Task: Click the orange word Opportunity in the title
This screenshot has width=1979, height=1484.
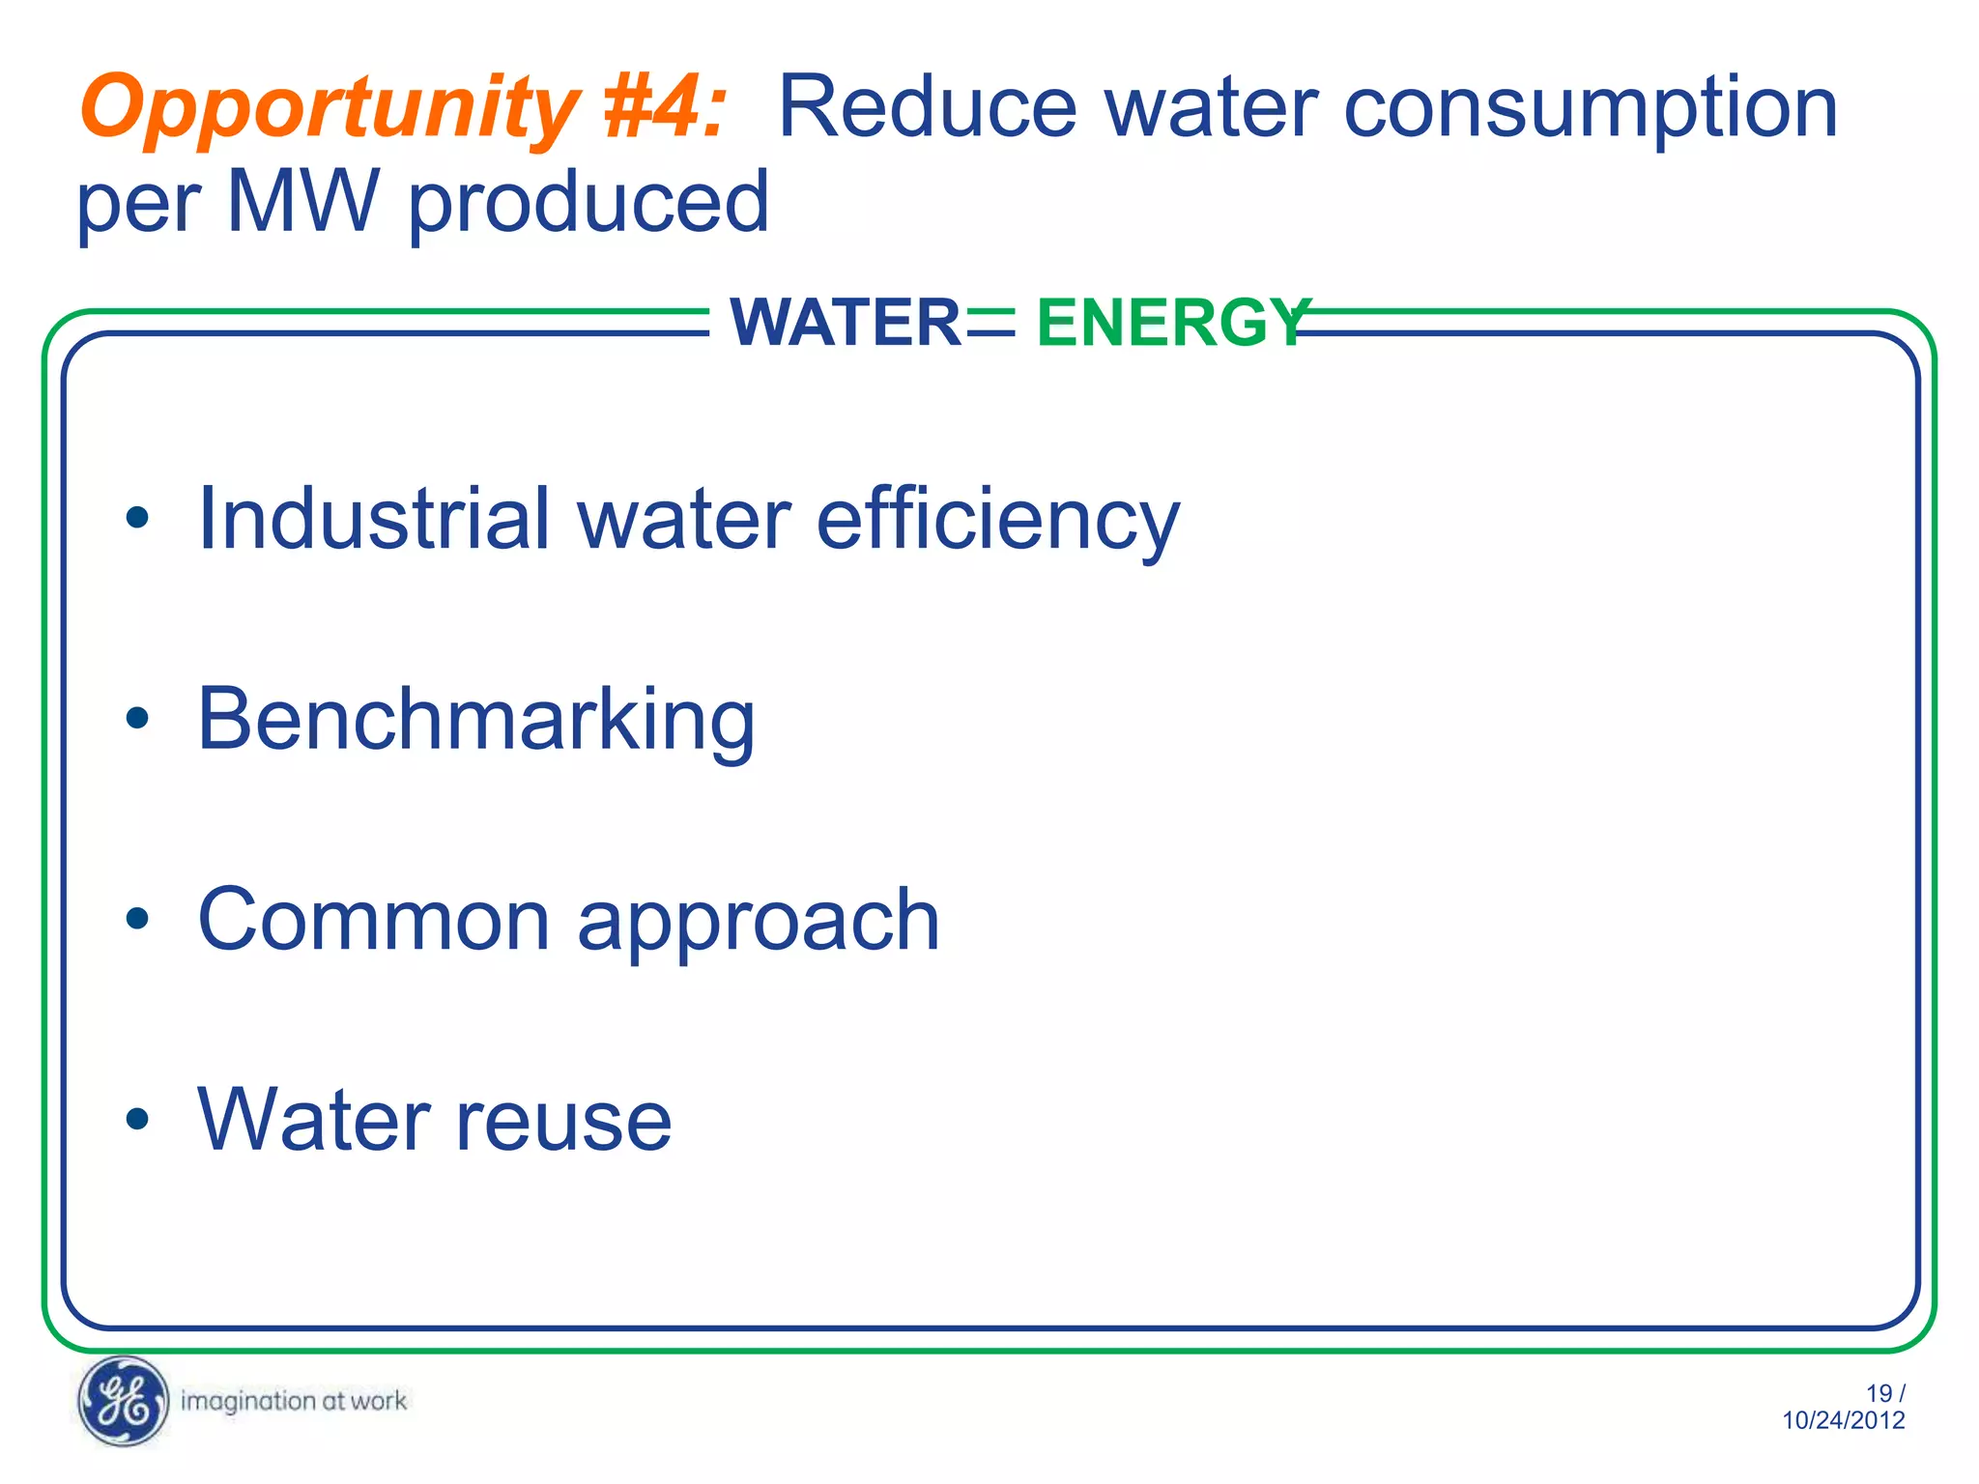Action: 329,108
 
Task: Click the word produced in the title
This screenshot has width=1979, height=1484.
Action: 588,203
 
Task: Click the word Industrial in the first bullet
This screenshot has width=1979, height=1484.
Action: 373,519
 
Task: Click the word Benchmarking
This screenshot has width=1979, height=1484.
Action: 476,721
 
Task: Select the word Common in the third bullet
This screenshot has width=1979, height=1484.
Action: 373,920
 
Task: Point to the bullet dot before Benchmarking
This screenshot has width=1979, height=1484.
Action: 137,718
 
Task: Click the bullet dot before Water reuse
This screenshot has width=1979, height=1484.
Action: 137,1119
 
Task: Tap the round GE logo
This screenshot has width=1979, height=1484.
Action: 123,1401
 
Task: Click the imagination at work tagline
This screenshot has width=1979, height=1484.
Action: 294,1401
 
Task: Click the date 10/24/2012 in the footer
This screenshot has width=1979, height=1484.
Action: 1843,1420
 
